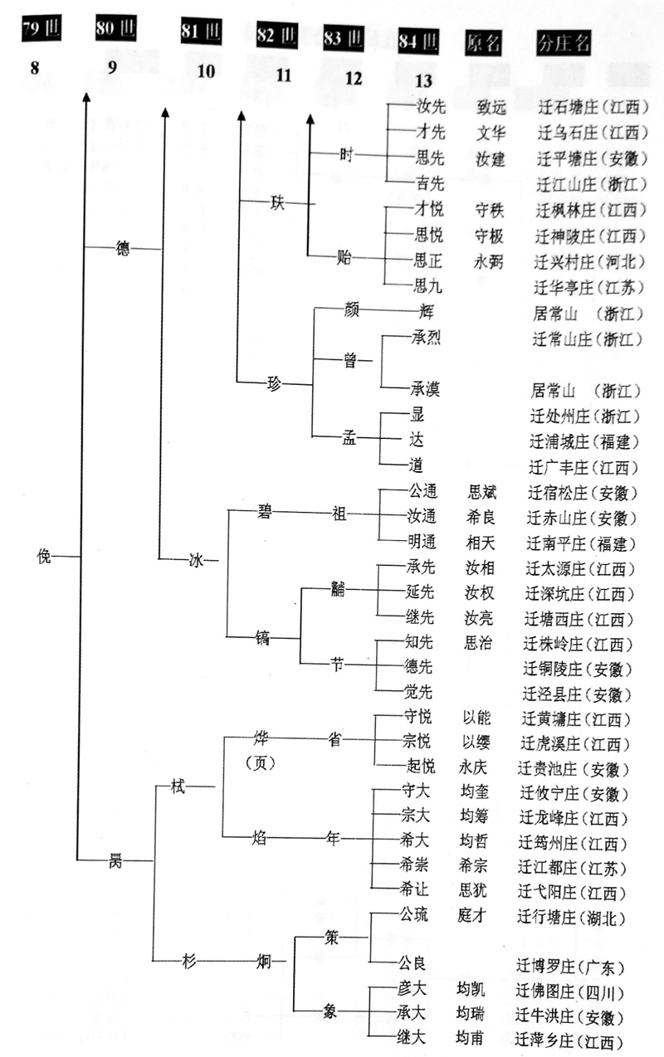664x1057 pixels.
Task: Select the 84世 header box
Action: pyautogui.click(x=417, y=39)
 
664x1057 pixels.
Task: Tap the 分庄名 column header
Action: pyautogui.click(x=564, y=42)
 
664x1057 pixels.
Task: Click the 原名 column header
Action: pyautogui.click(x=484, y=41)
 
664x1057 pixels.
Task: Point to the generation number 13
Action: pyautogui.click(x=423, y=80)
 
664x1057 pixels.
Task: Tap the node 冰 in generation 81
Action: pyautogui.click(x=196, y=561)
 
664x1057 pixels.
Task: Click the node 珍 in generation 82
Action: pyautogui.click(x=275, y=383)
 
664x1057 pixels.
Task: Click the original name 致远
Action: pyautogui.click(x=491, y=108)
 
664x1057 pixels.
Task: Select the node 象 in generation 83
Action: pyautogui.click(x=332, y=1012)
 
